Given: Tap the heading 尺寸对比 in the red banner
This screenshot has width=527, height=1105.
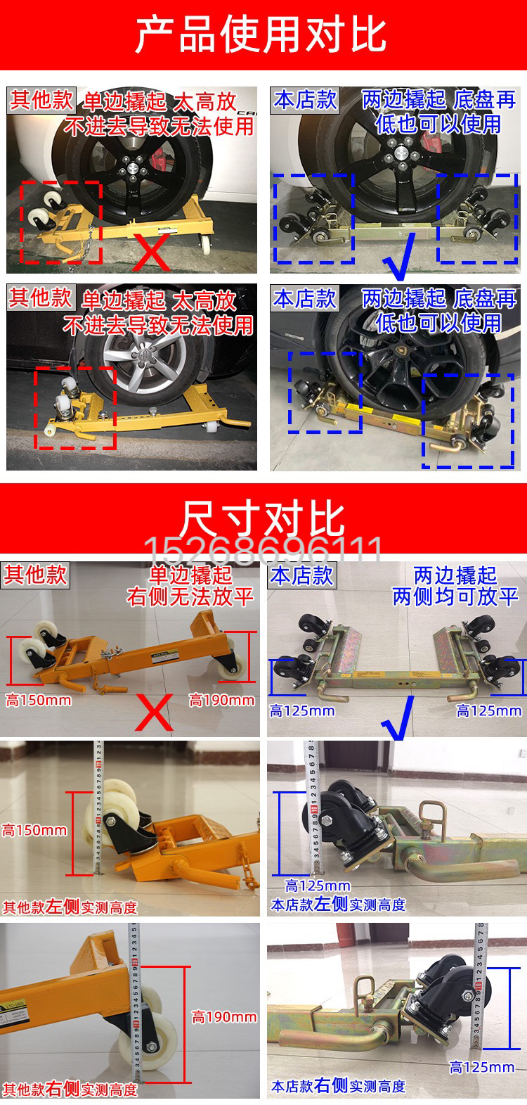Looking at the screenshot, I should click(263, 519).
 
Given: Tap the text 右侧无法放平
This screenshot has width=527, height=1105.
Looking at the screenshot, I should click(190, 597).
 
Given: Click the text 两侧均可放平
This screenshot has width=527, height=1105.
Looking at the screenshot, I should click(455, 597).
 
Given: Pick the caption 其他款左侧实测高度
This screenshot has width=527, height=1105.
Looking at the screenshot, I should click(70, 907).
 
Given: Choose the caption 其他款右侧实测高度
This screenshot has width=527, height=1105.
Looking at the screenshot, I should click(70, 1090).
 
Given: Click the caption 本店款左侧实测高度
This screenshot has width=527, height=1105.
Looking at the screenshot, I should click(338, 905).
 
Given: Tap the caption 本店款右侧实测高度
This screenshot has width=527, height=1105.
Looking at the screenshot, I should click(338, 1086).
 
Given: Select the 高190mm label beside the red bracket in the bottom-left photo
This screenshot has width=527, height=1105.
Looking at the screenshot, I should click(224, 1016).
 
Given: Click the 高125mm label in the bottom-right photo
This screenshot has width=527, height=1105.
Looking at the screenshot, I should click(482, 1067).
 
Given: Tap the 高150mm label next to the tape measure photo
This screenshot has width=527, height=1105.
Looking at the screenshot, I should click(34, 830).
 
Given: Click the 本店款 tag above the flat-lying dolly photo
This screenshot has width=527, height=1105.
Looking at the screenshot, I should click(301, 576).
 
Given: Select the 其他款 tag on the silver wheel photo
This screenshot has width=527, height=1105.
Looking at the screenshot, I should click(40, 298).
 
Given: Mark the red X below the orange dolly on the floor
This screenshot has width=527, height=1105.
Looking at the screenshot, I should click(153, 712).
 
